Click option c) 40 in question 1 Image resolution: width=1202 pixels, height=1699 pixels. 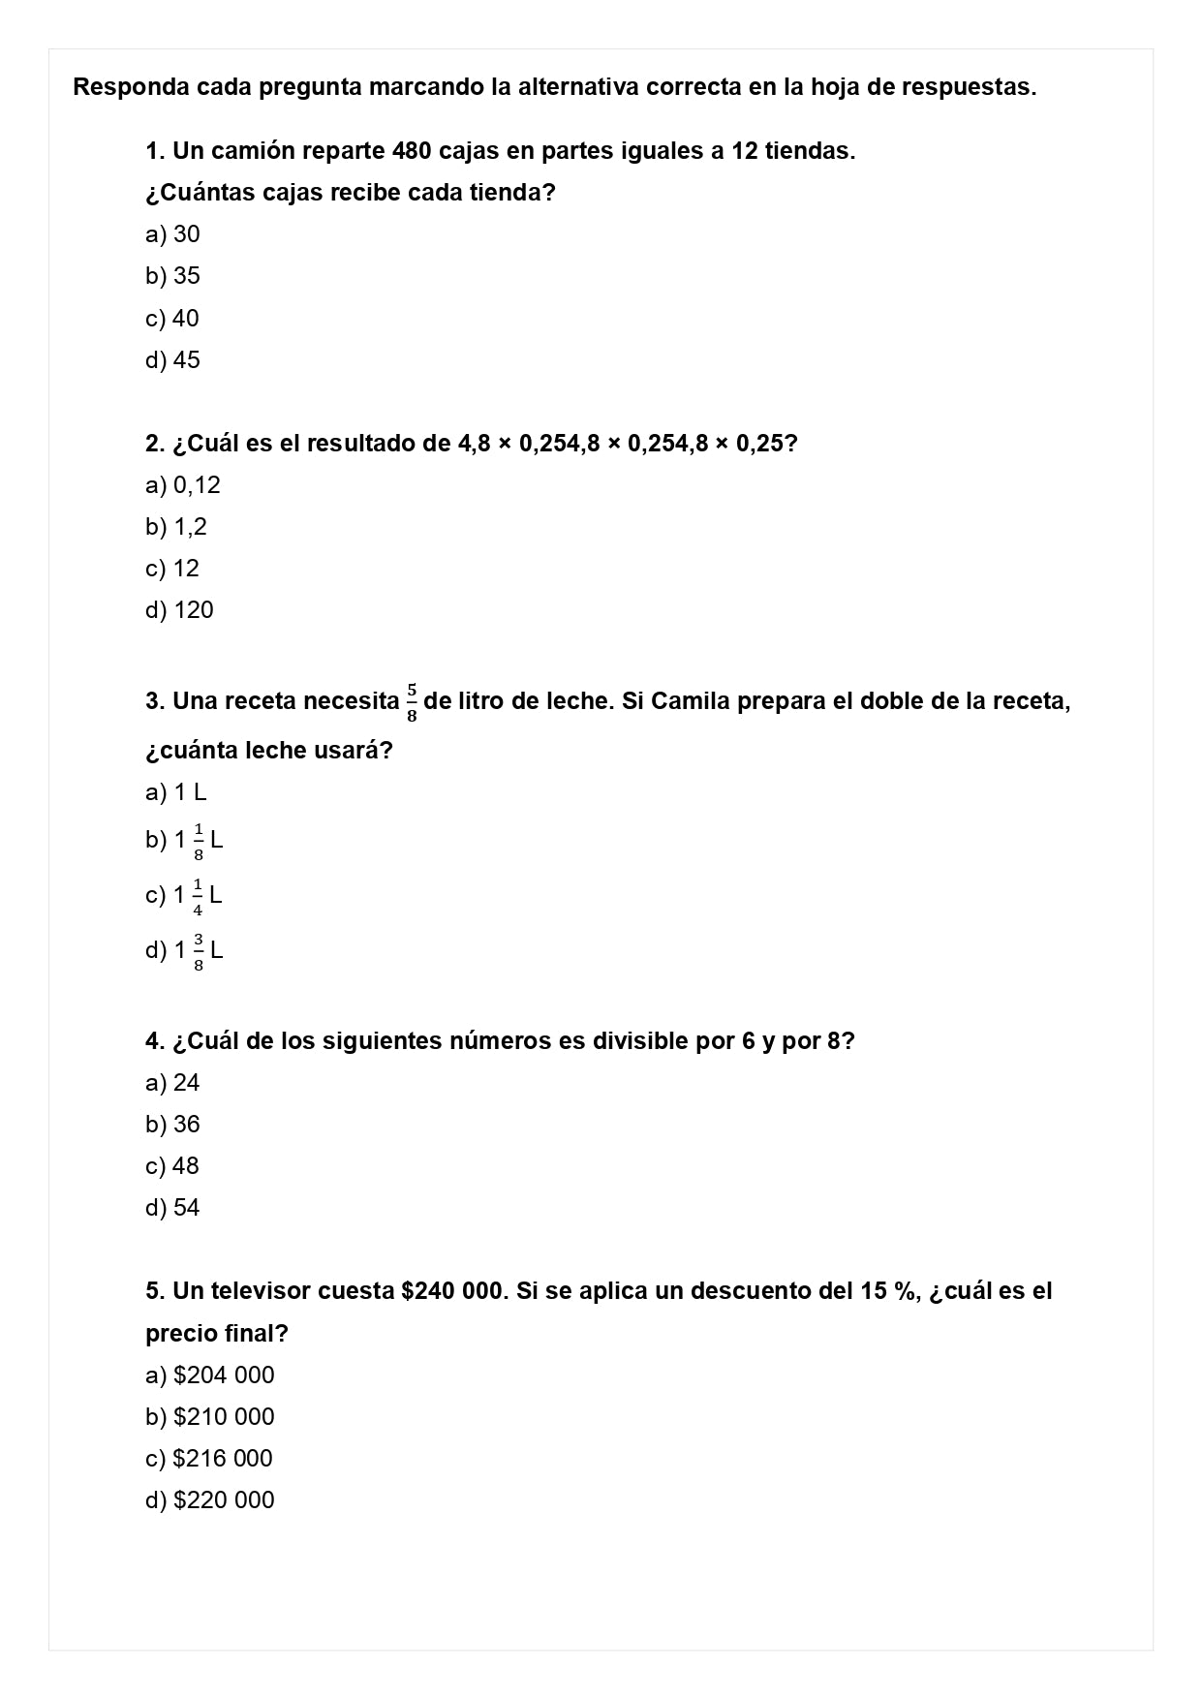(x=172, y=318)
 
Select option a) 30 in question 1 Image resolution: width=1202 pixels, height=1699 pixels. (x=172, y=234)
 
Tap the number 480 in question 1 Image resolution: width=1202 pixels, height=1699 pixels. (x=413, y=151)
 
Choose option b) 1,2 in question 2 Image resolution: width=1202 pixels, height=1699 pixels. (x=176, y=527)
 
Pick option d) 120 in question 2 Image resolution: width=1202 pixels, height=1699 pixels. (x=179, y=610)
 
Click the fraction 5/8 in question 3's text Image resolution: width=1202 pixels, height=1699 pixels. (x=412, y=702)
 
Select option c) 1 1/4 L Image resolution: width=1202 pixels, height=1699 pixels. (x=184, y=895)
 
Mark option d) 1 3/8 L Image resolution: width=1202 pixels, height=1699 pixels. (x=184, y=950)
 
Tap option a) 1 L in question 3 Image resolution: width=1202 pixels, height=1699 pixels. (x=176, y=792)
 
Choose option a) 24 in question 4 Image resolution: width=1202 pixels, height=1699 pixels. (x=172, y=1083)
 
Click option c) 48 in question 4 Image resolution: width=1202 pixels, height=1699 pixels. (x=172, y=1166)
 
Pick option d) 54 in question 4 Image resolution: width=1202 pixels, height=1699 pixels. (x=172, y=1208)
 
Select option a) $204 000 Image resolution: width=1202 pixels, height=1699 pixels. (x=210, y=1375)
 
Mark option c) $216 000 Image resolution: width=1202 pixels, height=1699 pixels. (x=209, y=1459)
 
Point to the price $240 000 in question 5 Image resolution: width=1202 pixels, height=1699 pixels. (x=452, y=1291)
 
